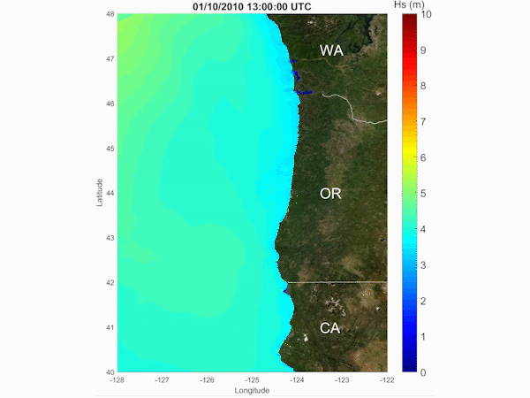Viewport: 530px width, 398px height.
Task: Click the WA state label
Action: click(x=332, y=50)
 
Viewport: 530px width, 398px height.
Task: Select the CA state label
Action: click(x=330, y=328)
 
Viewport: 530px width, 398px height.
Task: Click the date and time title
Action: click(x=252, y=6)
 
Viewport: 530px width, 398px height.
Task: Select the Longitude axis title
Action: click(x=252, y=390)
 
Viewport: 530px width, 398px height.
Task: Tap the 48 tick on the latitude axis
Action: click(x=110, y=14)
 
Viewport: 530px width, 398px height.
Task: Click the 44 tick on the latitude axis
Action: click(x=110, y=193)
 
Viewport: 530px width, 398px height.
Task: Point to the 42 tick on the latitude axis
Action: click(x=110, y=283)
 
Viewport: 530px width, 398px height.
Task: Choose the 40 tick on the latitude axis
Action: click(x=110, y=372)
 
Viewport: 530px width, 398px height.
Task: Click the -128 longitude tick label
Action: click(x=117, y=380)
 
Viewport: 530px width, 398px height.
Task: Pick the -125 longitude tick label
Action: click(x=252, y=380)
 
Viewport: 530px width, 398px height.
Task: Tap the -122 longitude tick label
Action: click(x=386, y=380)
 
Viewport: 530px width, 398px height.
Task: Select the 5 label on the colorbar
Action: click(x=426, y=194)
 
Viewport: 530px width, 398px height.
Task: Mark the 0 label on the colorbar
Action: click(x=426, y=372)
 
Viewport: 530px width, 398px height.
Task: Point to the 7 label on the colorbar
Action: click(x=426, y=122)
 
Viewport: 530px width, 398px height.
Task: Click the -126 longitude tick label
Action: click(x=207, y=380)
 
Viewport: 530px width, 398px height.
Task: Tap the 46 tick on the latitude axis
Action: click(x=110, y=103)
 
